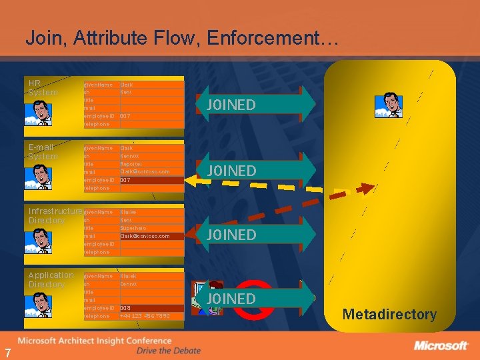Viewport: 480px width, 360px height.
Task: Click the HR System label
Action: (43, 87)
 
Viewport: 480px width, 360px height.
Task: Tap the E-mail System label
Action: (43, 151)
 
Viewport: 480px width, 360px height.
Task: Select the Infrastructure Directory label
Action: (55, 215)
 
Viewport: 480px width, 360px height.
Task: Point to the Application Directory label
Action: (51, 279)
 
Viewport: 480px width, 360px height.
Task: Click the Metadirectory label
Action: (389, 314)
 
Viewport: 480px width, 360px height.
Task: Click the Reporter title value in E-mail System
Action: (131, 163)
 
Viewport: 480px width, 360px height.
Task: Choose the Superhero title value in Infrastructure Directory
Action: (133, 227)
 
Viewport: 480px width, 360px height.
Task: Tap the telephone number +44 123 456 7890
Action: (145, 316)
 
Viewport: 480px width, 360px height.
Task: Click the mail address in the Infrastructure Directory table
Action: (145, 236)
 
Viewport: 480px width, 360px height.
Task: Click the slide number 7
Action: (8, 353)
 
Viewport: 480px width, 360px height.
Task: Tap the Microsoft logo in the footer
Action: (441, 345)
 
